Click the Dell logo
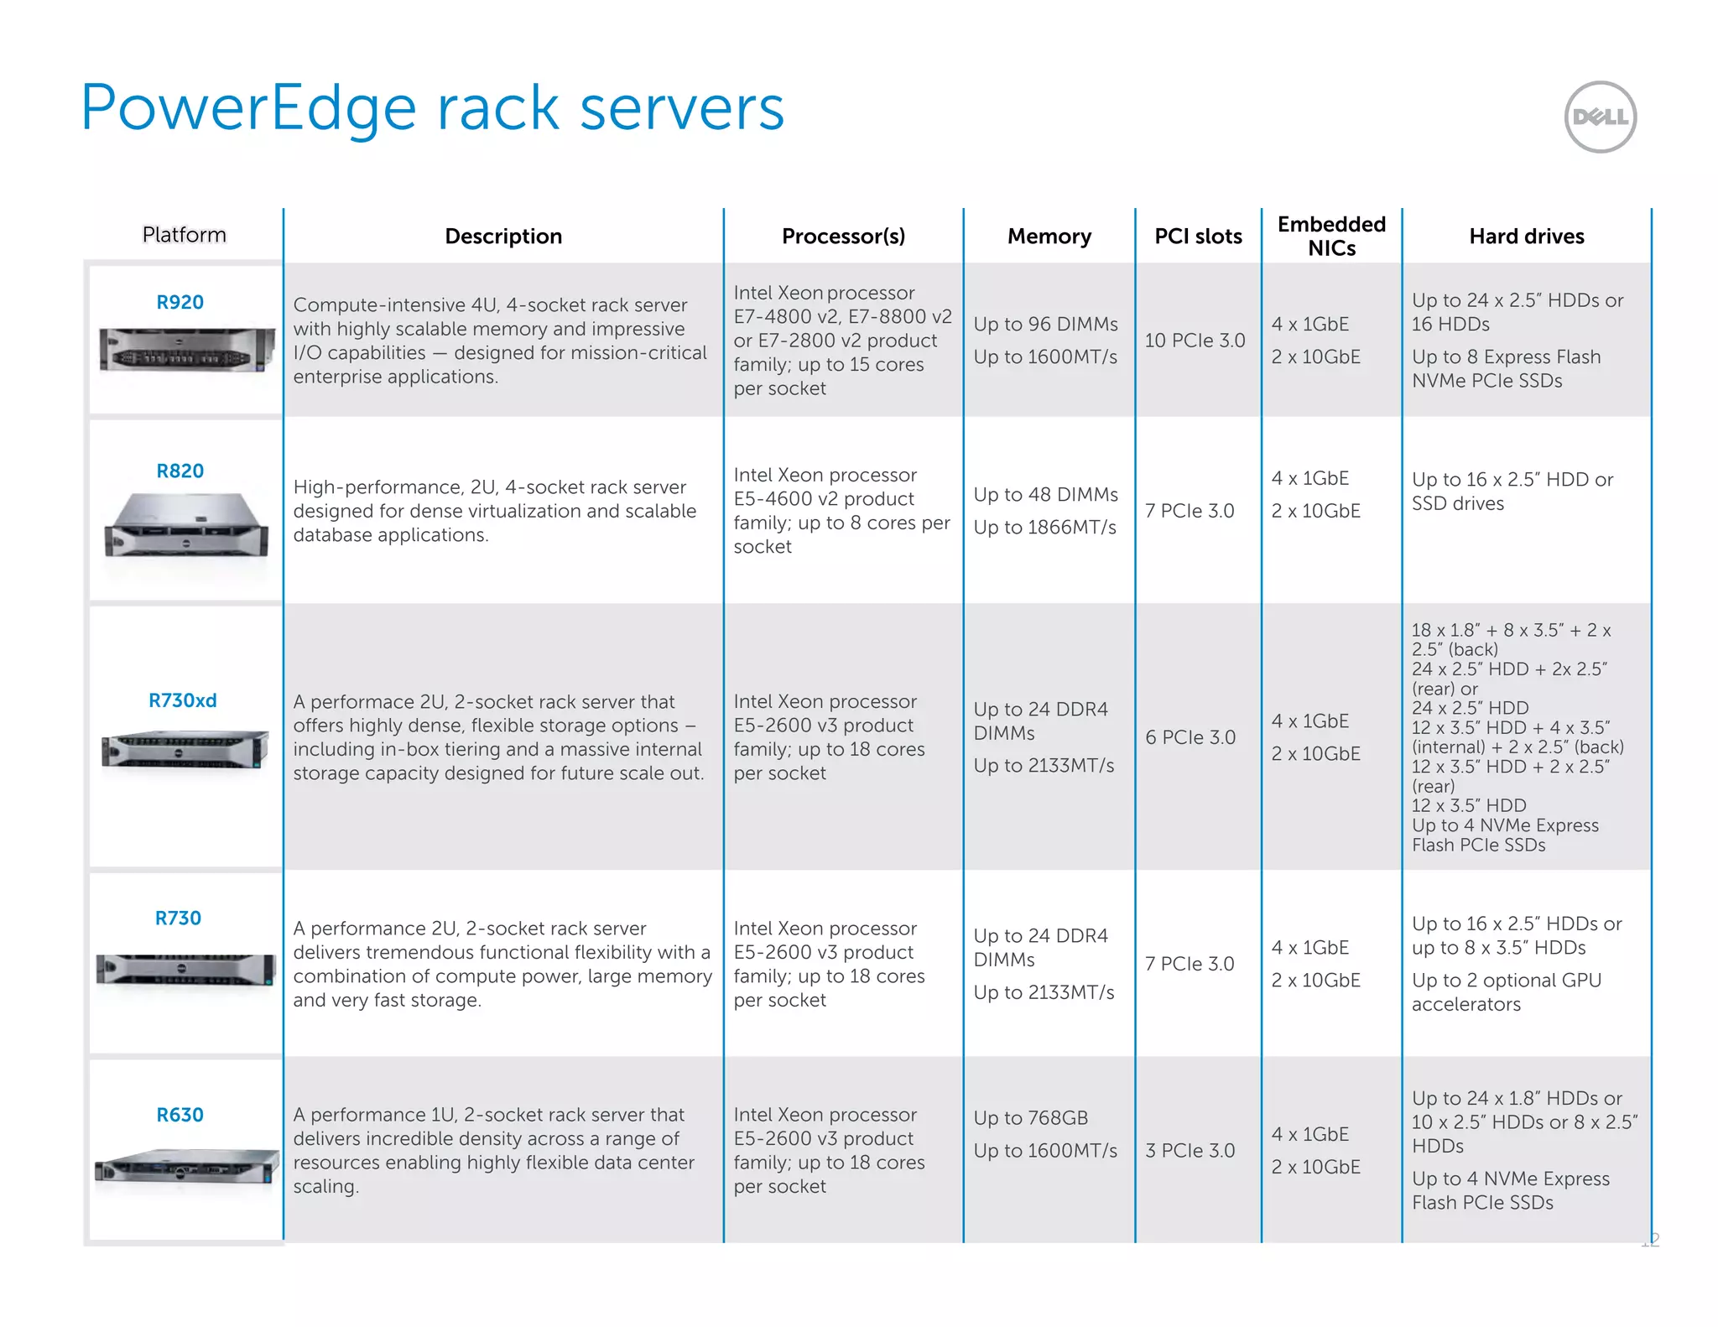click(1600, 117)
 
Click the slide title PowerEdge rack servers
click(432, 108)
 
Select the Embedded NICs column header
click(1331, 236)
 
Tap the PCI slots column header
click(1198, 237)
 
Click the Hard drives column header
click(1526, 237)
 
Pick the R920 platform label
click(180, 302)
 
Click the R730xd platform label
click(182, 700)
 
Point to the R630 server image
click(186, 1166)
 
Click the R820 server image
click(186, 524)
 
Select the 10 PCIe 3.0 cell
click(1195, 341)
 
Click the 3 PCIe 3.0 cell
click(1190, 1150)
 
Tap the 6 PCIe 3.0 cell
click(1190, 737)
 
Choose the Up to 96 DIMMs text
click(1045, 324)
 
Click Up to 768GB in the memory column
click(1030, 1118)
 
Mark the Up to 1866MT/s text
click(1044, 527)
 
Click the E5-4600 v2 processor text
click(823, 499)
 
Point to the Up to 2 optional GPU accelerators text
click(1506, 991)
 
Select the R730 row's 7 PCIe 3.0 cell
click(1189, 964)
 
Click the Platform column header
click(184, 235)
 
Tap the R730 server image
click(186, 970)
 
